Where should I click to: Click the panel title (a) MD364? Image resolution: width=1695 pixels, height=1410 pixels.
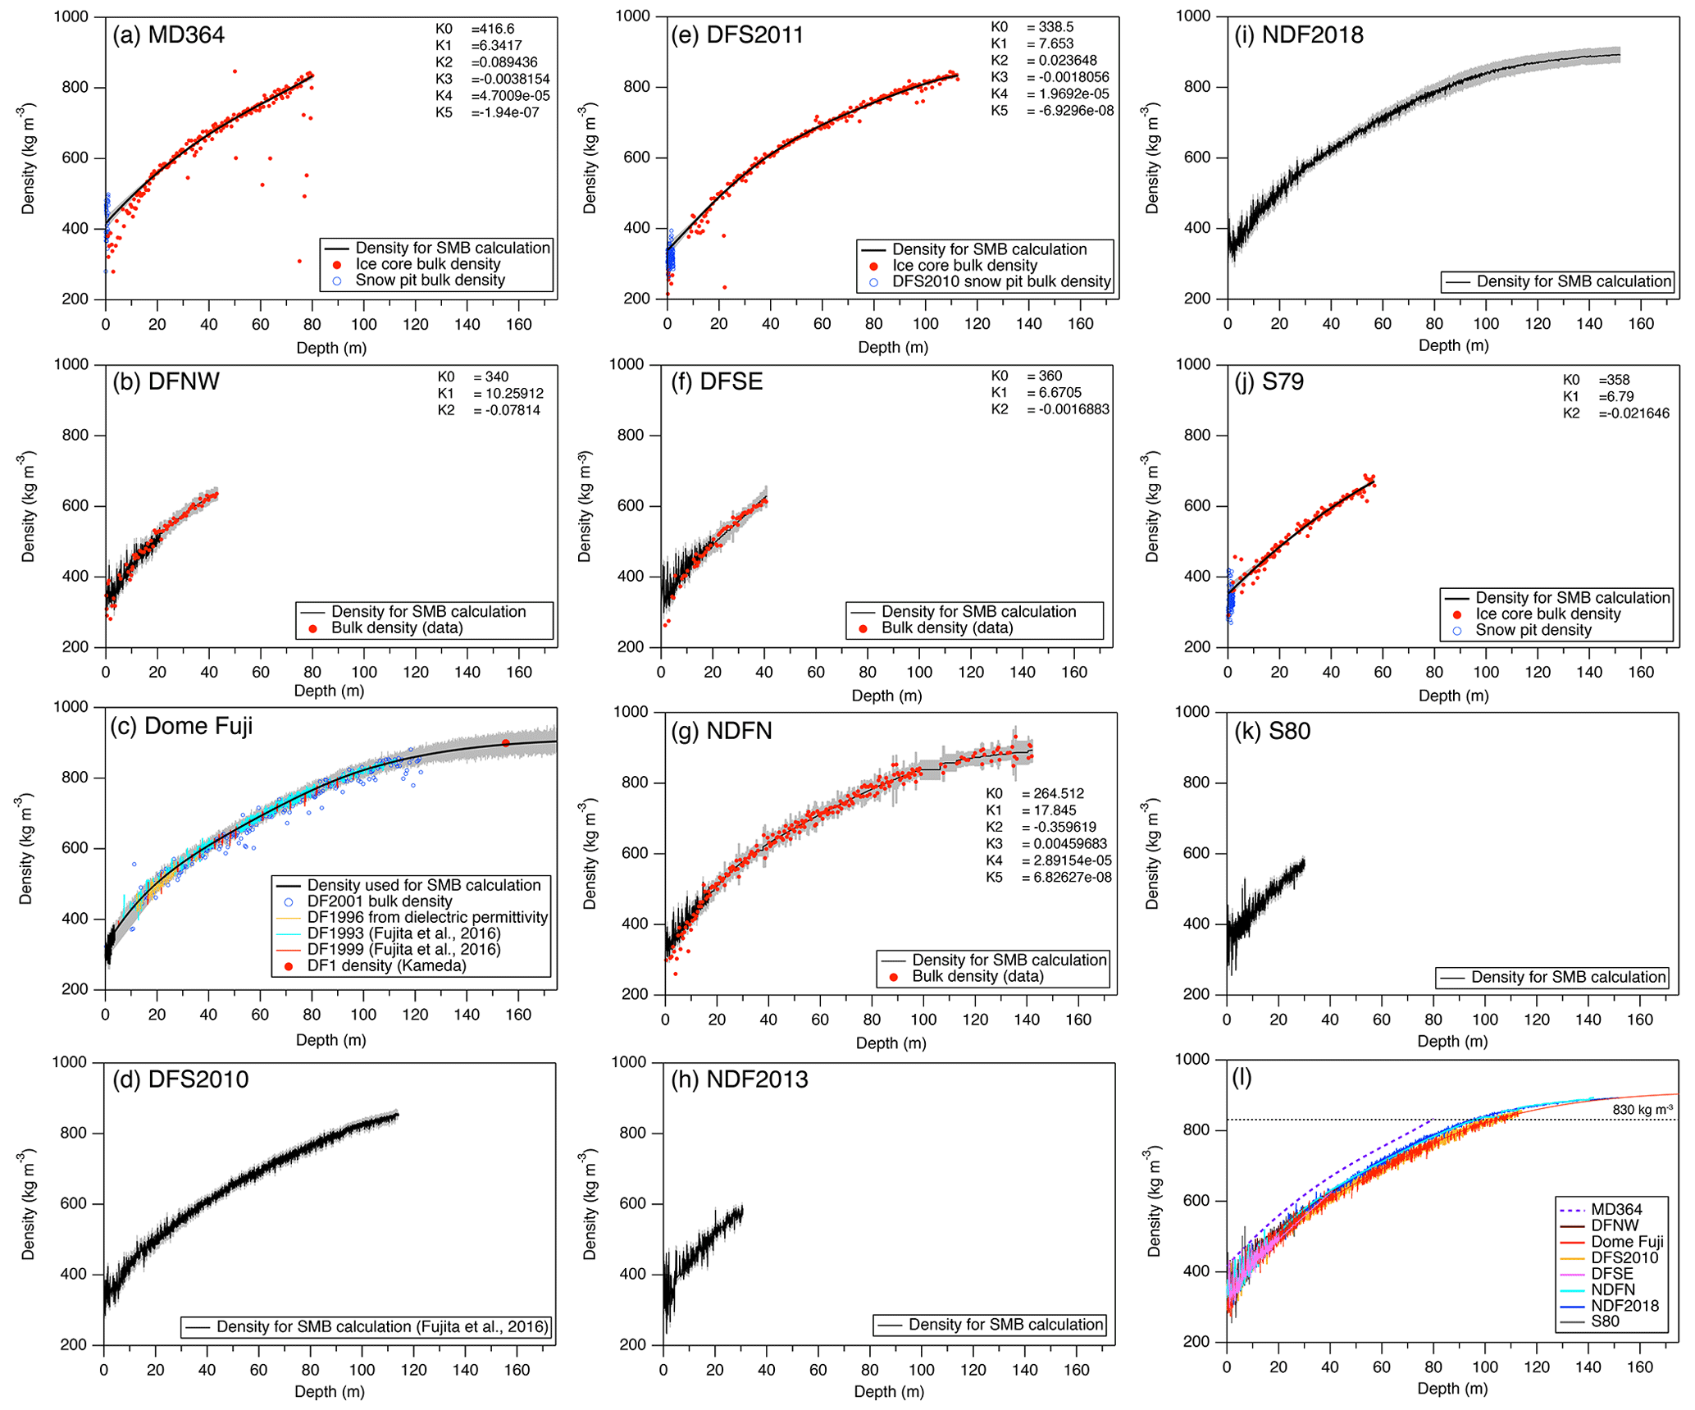(168, 35)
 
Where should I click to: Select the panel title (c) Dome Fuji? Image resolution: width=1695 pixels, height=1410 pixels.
(181, 727)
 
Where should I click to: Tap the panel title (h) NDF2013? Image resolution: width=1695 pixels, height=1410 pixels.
(739, 1079)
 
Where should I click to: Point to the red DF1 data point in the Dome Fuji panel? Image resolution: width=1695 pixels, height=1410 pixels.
(506, 743)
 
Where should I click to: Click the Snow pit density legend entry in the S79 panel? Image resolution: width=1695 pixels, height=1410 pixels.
(1533, 631)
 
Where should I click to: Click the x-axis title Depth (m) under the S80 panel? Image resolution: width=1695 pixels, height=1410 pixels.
(1451, 1042)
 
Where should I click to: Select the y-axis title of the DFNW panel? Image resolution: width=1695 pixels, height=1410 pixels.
(29, 506)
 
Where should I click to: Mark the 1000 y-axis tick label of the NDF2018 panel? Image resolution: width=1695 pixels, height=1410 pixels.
(1193, 16)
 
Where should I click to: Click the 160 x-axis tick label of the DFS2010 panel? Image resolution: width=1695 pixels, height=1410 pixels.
(517, 1371)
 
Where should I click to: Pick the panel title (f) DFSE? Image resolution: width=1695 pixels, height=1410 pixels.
(717, 382)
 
